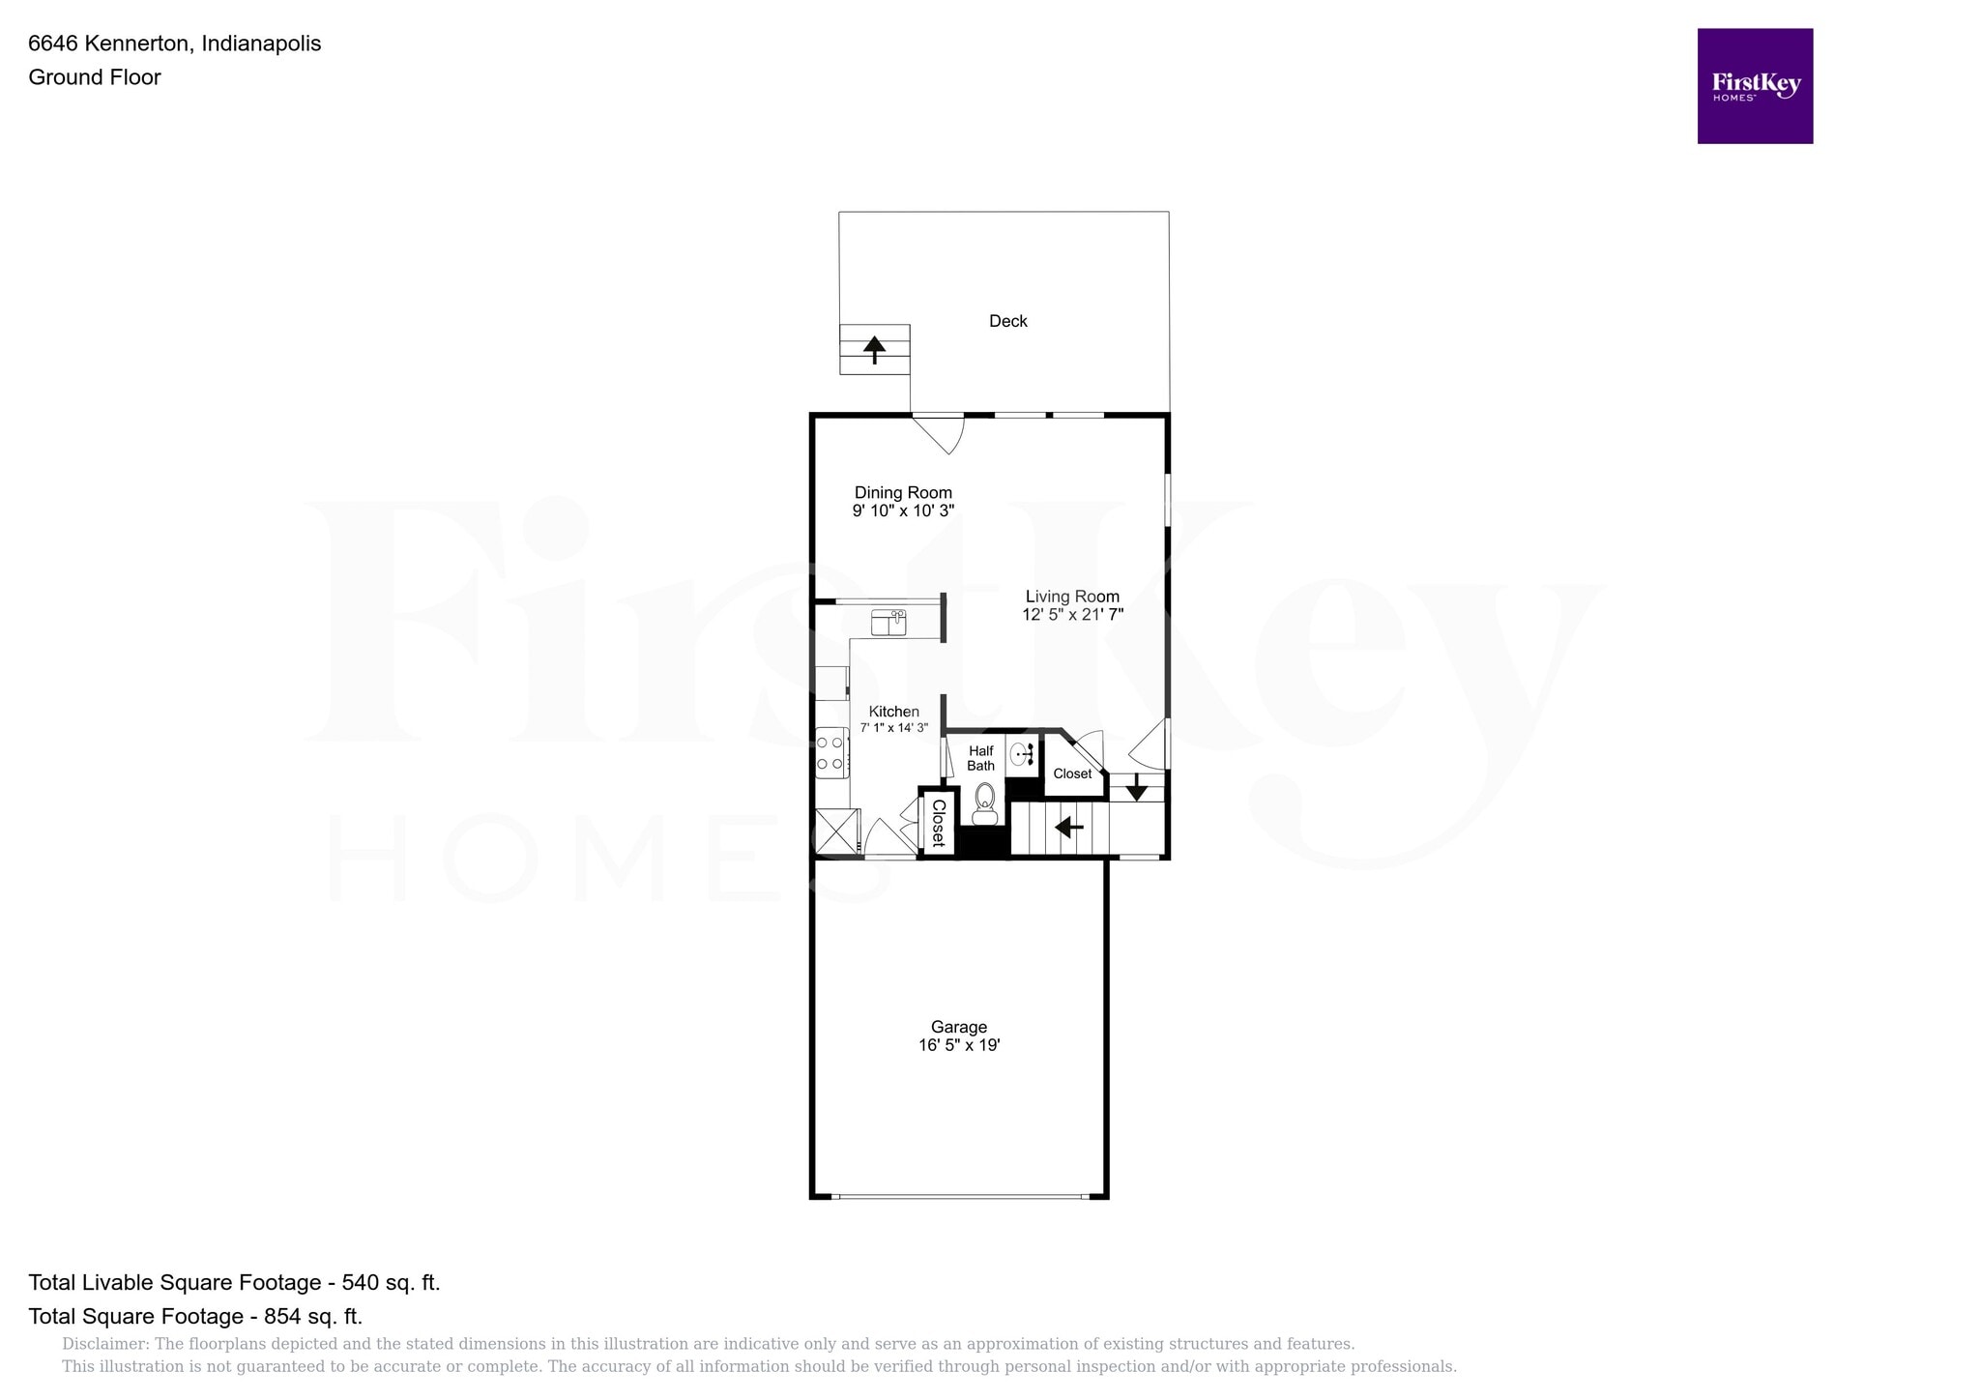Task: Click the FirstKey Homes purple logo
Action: (1754, 86)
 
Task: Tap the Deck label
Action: (1007, 321)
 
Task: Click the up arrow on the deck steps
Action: (874, 348)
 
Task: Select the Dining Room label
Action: (903, 493)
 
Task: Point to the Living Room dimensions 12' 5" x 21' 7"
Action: (1072, 614)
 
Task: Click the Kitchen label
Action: (893, 712)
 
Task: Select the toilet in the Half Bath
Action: (984, 802)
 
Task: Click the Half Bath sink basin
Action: (1020, 755)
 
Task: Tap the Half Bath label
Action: (980, 758)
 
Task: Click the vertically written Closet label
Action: (938, 823)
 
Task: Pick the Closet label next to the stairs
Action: (1072, 773)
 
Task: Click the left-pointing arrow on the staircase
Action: (1068, 828)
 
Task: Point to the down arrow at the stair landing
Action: (1136, 787)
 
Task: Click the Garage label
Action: (959, 1027)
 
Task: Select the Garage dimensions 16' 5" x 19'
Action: (959, 1045)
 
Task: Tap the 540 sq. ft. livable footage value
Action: (391, 1283)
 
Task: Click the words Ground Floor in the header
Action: (95, 77)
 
